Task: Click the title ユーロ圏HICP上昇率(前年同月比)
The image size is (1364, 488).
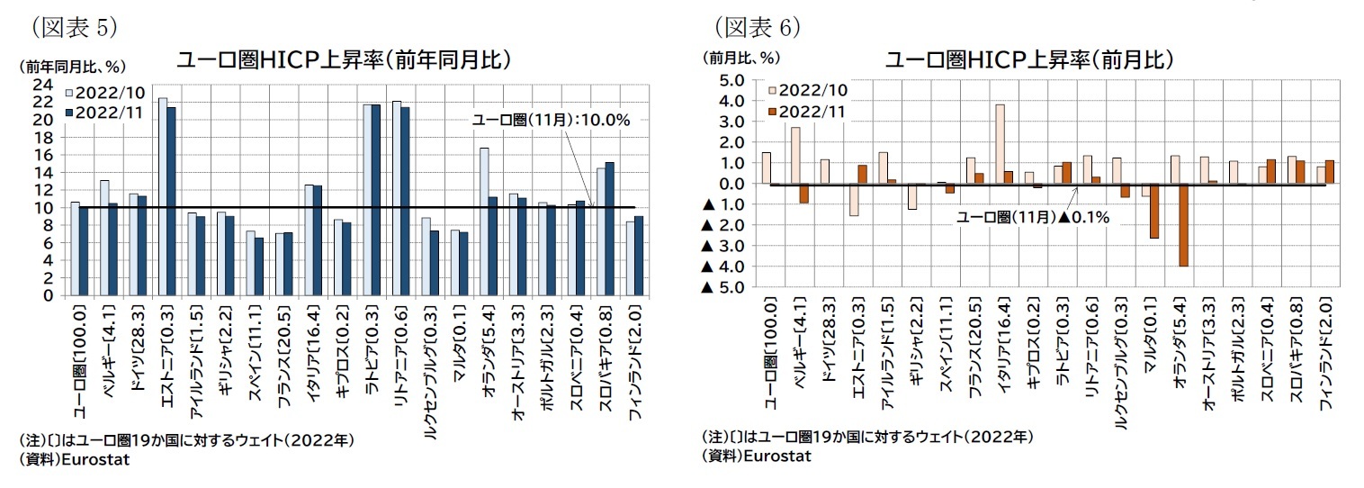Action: (x=345, y=60)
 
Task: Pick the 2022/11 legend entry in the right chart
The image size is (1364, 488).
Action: (x=805, y=111)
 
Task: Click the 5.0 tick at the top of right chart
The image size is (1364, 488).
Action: (x=730, y=80)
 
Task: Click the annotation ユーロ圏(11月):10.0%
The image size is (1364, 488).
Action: (x=552, y=119)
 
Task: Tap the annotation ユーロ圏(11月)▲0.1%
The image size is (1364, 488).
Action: (x=1032, y=217)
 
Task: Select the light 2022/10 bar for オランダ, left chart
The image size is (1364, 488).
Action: (x=483, y=221)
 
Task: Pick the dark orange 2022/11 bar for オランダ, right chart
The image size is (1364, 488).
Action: (x=1185, y=225)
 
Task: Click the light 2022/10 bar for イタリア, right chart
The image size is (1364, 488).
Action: (x=1000, y=144)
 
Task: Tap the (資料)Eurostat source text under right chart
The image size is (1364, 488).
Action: (x=757, y=456)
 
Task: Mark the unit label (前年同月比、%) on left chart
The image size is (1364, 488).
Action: (x=72, y=66)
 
